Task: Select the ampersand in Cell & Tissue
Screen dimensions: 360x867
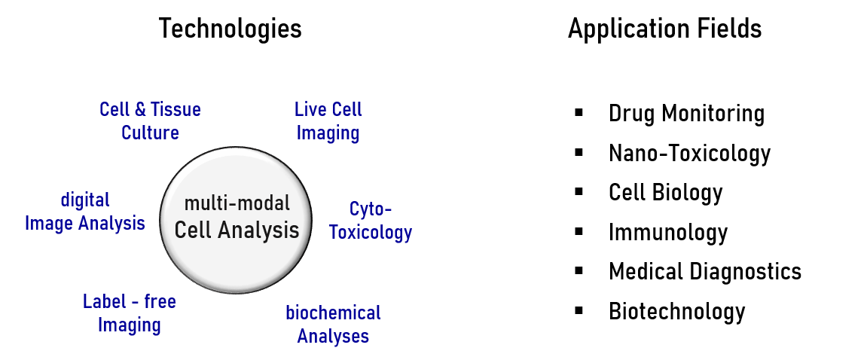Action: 141,110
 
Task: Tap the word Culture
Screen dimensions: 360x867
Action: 150,133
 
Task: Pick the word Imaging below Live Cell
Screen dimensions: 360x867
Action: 328,133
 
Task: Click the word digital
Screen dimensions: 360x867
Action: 85,200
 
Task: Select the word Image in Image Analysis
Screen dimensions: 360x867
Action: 49,224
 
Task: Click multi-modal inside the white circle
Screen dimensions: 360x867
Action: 237,203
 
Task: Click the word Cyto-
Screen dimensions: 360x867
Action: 371,209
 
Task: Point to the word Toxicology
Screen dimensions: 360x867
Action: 371,232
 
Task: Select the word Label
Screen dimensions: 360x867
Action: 104,302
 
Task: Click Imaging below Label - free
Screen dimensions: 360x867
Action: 130,325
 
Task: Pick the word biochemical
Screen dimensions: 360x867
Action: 332,313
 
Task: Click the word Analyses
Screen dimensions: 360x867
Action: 332,336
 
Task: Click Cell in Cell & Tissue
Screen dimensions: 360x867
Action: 115,110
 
